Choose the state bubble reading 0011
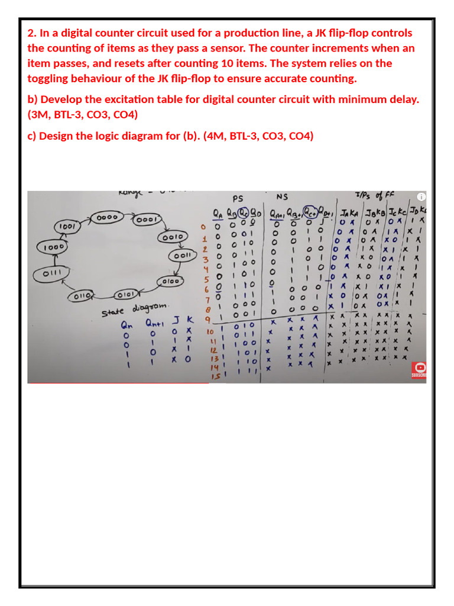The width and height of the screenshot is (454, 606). tap(182, 256)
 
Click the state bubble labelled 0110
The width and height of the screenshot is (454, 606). tap(84, 295)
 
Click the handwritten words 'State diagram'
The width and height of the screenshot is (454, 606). tap(135, 308)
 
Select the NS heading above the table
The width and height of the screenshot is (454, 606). tap(282, 197)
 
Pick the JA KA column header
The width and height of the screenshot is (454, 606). tap(345, 212)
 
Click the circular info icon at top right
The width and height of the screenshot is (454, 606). tap(420, 196)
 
